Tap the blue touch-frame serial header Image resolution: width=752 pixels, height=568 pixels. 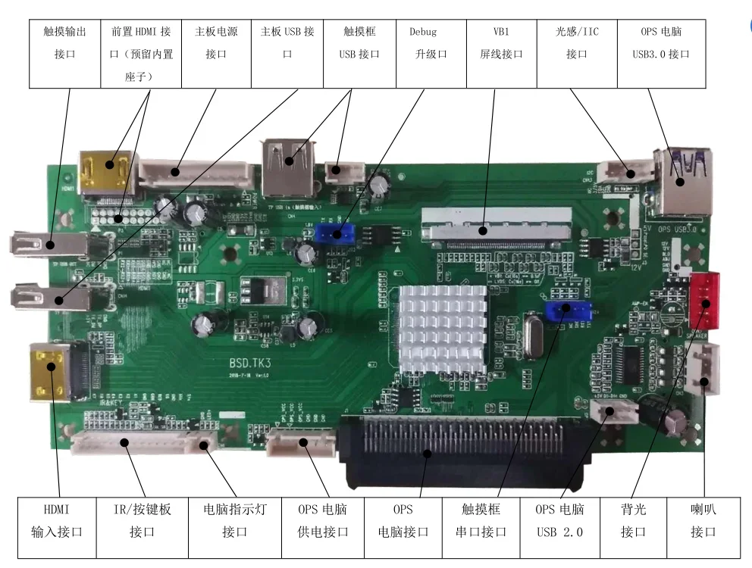[566, 311]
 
